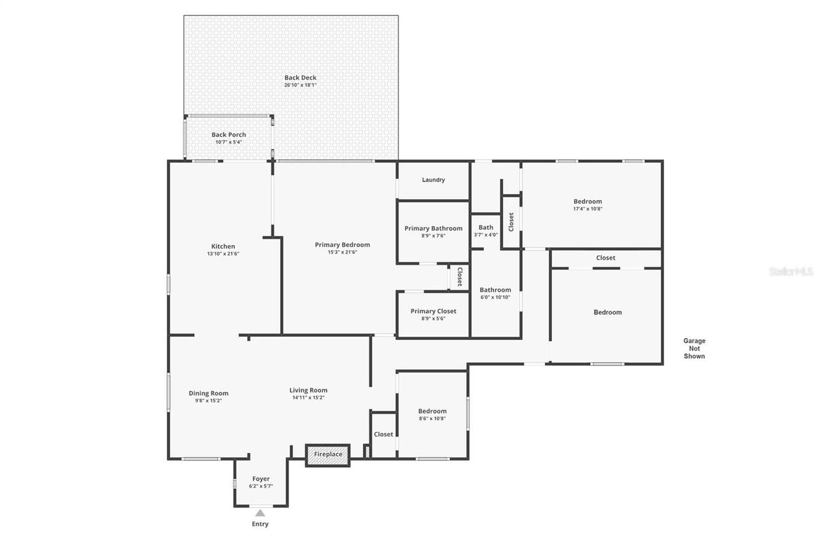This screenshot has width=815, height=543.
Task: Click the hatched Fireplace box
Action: point(328,455)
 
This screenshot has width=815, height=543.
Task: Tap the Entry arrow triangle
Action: point(260,512)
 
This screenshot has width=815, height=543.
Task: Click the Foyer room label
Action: point(261,479)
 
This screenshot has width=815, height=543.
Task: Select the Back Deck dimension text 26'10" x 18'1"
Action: point(301,85)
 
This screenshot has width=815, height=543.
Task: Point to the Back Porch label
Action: point(229,135)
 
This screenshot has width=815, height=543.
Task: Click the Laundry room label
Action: point(434,180)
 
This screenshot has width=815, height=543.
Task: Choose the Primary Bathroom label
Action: point(434,229)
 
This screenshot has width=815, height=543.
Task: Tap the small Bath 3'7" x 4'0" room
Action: point(486,230)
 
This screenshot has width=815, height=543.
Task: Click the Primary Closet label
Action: point(434,311)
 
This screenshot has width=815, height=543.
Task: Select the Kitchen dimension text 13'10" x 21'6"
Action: point(223,253)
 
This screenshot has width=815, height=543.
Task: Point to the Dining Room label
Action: point(208,393)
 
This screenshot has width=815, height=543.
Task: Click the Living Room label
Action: point(308,390)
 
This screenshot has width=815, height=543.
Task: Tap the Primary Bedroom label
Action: point(343,244)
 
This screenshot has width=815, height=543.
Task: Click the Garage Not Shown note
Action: point(694,348)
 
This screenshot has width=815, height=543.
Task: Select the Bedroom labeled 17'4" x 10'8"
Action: point(588,204)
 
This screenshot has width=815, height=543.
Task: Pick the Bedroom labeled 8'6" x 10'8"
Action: point(432,414)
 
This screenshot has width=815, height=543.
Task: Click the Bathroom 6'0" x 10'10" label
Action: point(495,293)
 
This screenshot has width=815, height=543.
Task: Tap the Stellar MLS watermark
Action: point(791,272)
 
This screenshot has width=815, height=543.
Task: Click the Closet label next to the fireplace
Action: point(383,434)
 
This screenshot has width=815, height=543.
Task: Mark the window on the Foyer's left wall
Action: point(234,484)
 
